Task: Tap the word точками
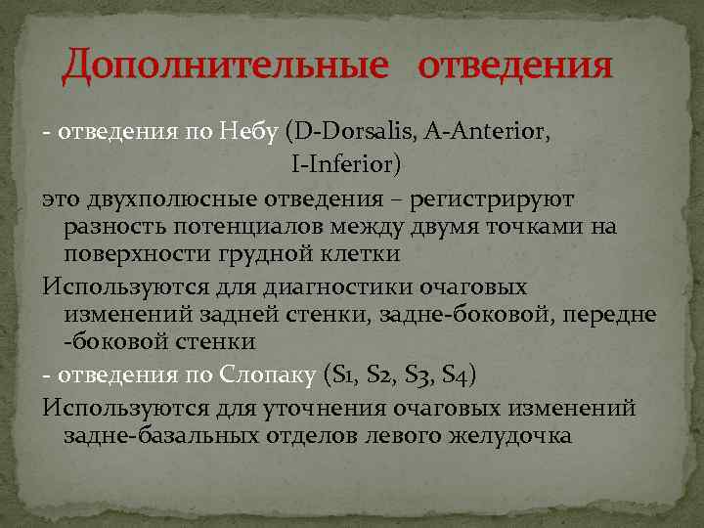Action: [537, 227]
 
